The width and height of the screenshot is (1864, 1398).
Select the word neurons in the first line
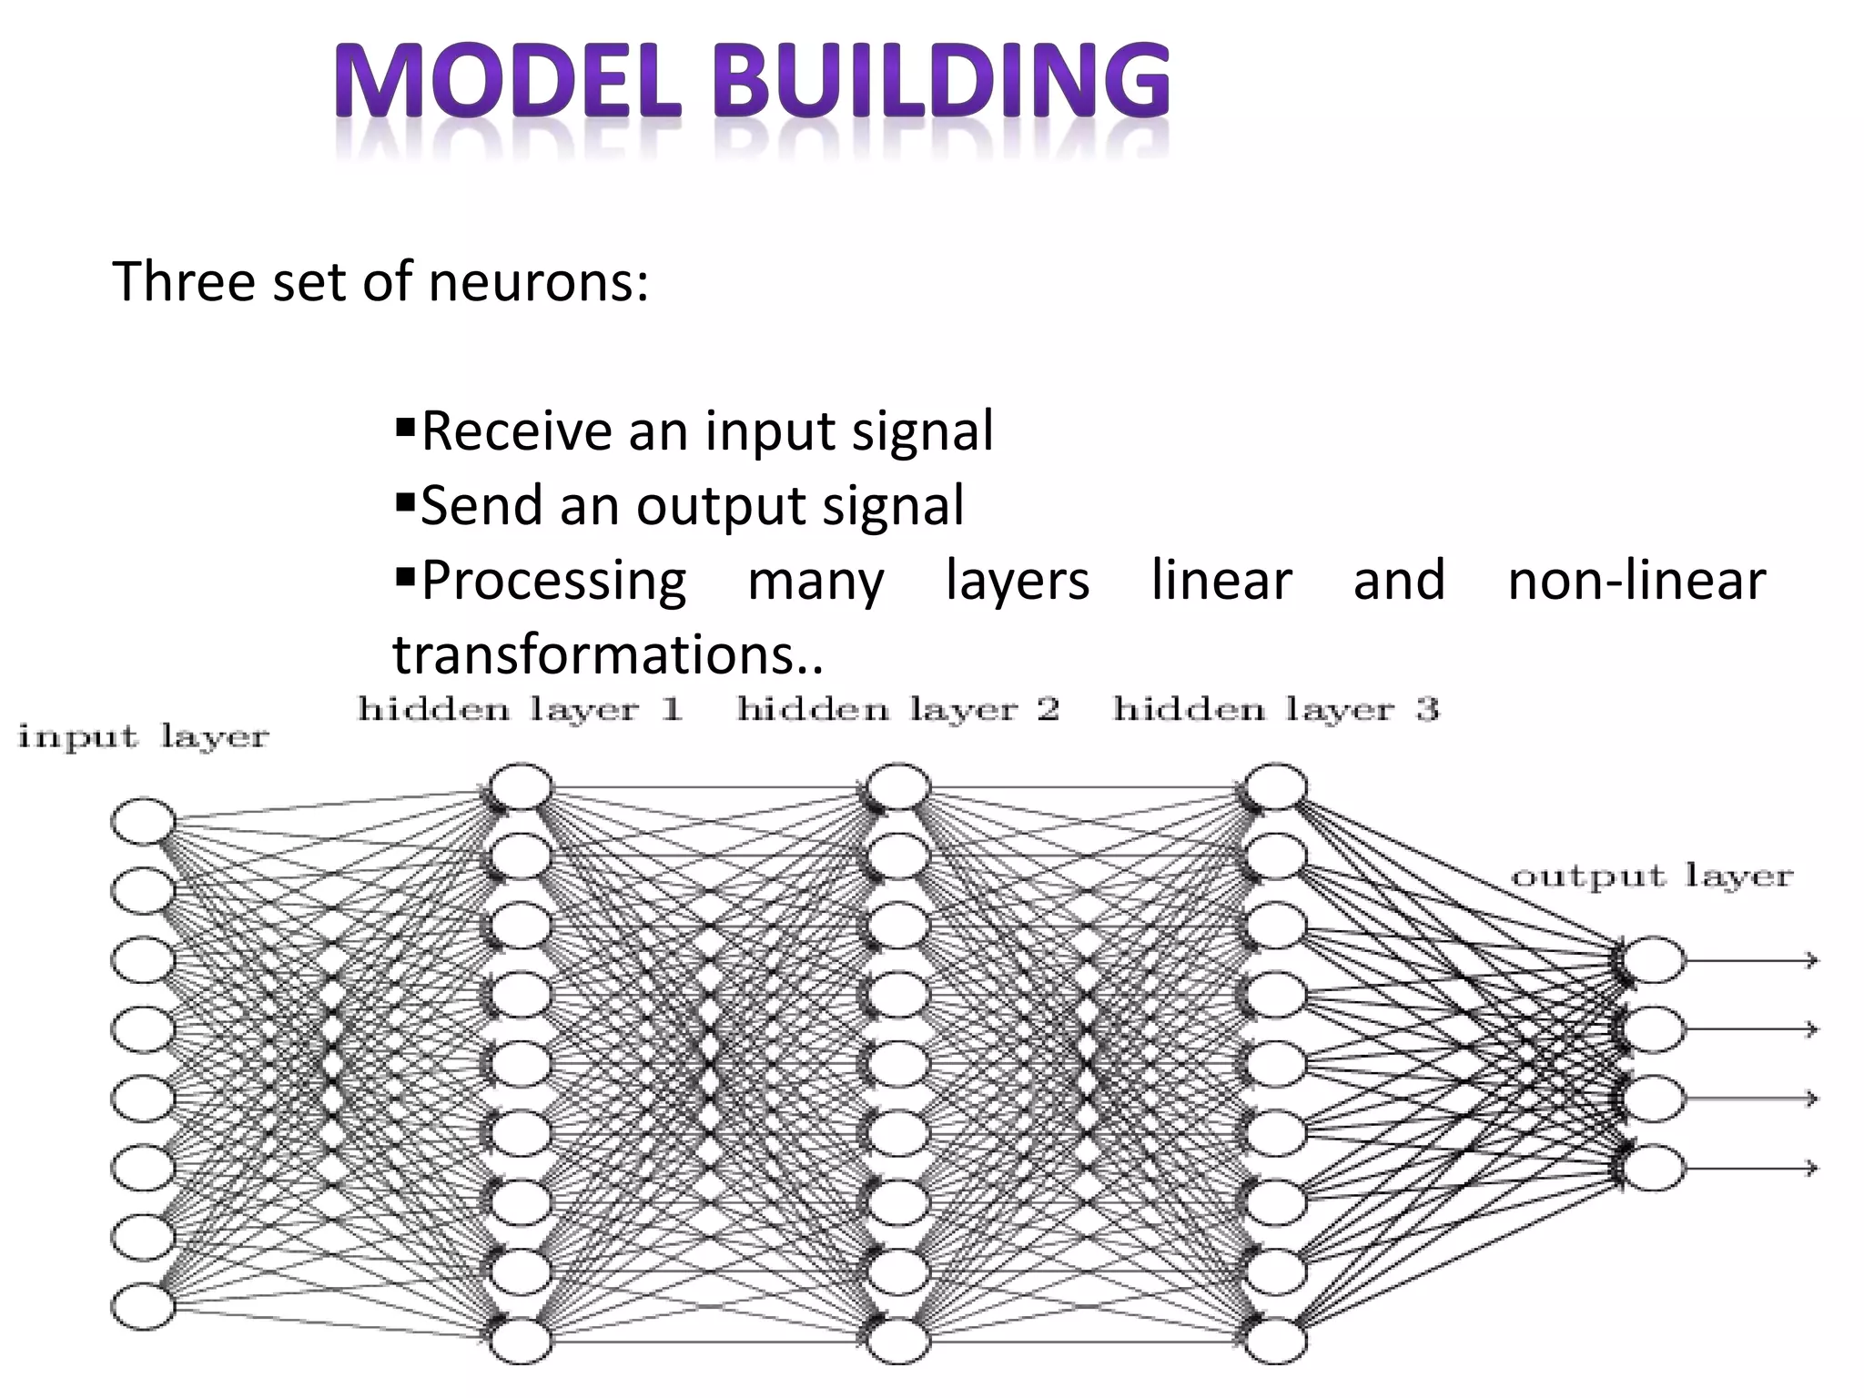pos(538,281)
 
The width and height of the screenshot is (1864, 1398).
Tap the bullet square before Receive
pos(405,425)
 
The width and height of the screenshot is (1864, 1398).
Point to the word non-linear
pos(1636,580)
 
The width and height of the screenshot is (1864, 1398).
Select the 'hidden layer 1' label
pos(520,709)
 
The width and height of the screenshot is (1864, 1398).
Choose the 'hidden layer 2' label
pos(898,709)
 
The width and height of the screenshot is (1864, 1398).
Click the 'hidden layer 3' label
pos(1276,709)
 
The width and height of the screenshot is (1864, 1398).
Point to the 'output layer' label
pos(1651,877)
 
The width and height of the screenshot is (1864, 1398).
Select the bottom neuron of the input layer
pos(143,1306)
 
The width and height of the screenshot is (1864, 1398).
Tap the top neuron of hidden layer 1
pos(521,787)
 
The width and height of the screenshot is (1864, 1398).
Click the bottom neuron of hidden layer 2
pos(898,1341)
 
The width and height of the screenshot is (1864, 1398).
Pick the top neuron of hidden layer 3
pos(1276,787)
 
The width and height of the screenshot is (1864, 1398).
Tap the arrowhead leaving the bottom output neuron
pos(1811,1168)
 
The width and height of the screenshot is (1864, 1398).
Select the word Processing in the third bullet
pos(553,580)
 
